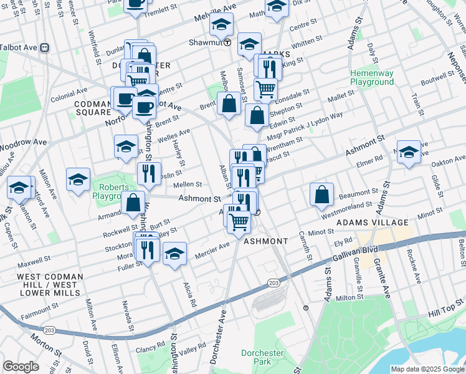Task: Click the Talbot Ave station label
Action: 19,47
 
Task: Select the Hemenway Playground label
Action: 372,77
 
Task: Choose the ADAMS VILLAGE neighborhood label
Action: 372,222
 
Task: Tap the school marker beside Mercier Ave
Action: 175,253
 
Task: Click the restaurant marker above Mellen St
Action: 149,173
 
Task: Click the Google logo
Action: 21,367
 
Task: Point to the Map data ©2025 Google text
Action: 427,369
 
